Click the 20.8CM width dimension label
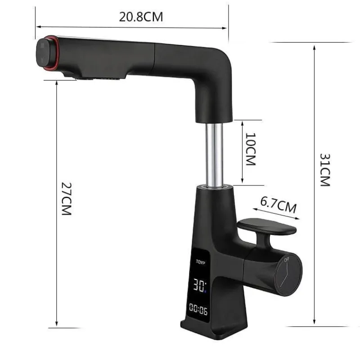click(141, 17)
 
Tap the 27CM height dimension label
click(67, 199)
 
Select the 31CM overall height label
click(325, 170)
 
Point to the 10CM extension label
click(251, 149)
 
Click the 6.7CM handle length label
click(278, 205)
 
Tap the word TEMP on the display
click(200, 262)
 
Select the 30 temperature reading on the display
click(199, 285)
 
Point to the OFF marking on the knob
click(287, 260)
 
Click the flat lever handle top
click(266, 226)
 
